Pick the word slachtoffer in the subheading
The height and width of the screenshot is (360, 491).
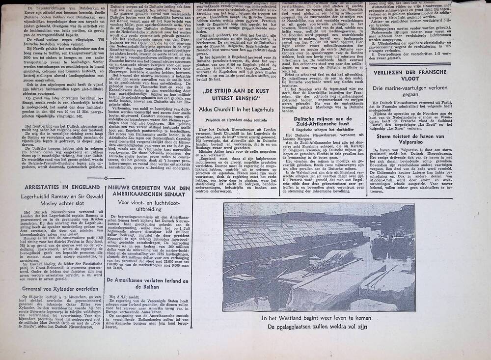point(343,133)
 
